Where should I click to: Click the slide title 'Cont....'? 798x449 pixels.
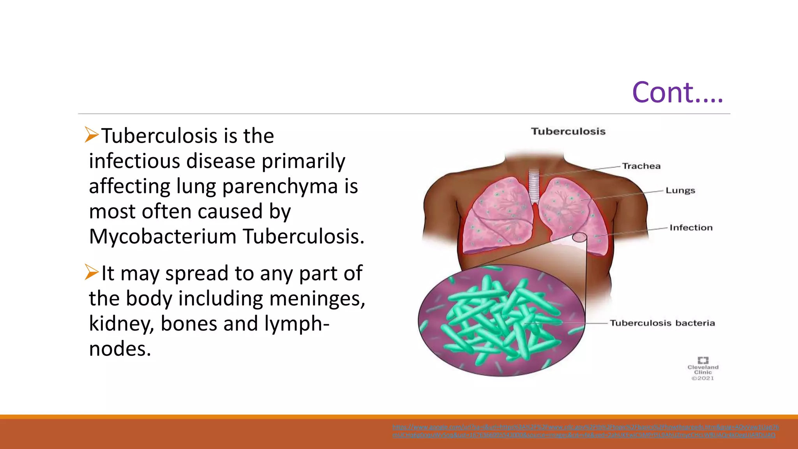click(x=677, y=93)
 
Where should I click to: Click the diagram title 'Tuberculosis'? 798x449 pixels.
click(x=568, y=131)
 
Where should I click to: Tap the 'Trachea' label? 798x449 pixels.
click(x=641, y=166)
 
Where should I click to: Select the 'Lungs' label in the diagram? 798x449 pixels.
click(x=680, y=191)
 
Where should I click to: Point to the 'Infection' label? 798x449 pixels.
click(x=691, y=228)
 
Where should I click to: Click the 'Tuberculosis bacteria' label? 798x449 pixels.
click(x=662, y=323)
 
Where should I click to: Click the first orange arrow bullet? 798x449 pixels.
click(x=92, y=135)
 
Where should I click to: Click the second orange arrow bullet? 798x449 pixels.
click(x=92, y=272)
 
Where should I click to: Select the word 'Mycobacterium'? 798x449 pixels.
click(x=162, y=236)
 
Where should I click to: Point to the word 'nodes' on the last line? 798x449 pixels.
click(x=120, y=348)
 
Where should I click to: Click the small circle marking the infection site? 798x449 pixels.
click(x=579, y=237)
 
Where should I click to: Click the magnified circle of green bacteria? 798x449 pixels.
click(x=501, y=320)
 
